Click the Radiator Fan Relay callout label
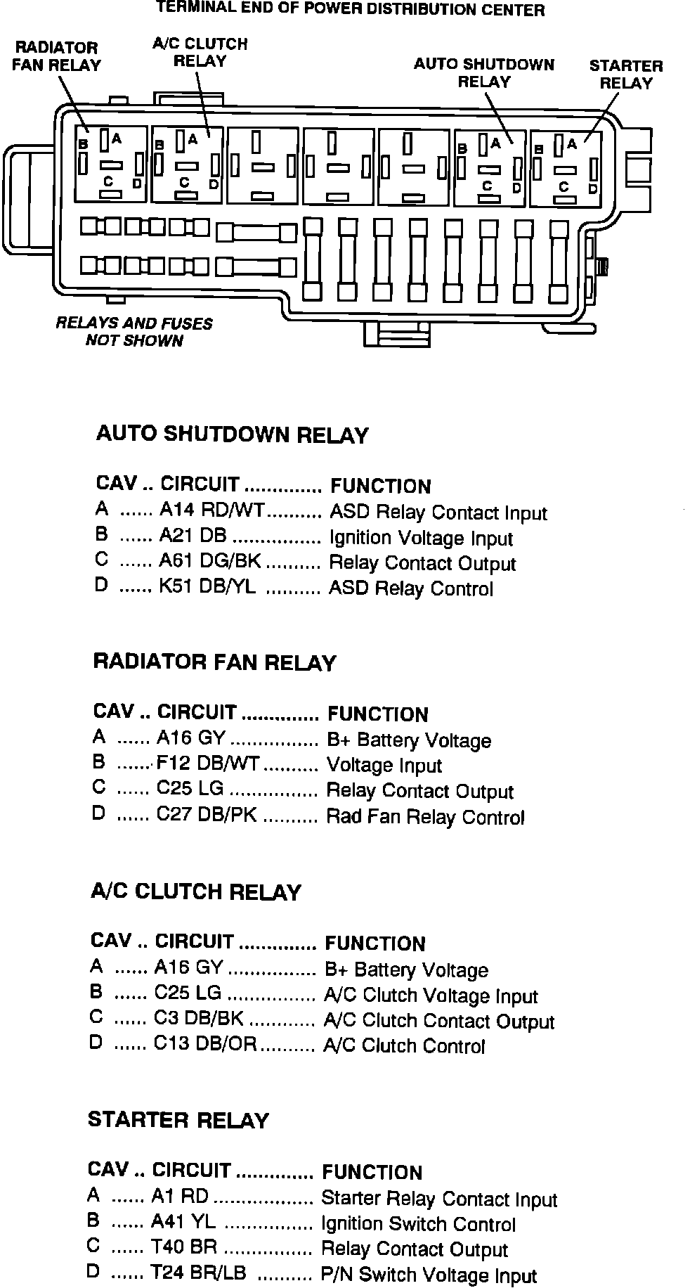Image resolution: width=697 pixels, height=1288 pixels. [x=58, y=56]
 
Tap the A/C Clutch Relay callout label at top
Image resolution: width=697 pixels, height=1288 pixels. [x=200, y=53]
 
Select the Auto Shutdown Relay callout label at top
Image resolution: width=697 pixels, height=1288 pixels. [x=484, y=73]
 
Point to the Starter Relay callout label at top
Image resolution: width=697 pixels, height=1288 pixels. [x=626, y=75]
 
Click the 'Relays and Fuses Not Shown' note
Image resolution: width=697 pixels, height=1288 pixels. [x=134, y=332]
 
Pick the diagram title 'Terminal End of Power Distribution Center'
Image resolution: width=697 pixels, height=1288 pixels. [x=350, y=10]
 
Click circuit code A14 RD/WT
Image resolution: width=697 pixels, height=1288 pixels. [x=211, y=510]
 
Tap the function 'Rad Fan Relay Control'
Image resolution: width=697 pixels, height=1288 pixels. [x=426, y=817]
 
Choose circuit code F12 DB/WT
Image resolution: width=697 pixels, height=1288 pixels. [x=208, y=764]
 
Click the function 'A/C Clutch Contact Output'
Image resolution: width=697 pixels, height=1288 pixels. [x=439, y=1021]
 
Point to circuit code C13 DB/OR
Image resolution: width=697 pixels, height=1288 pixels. [x=205, y=1045]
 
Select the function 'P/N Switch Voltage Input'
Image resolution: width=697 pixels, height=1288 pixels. [x=429, y=1275]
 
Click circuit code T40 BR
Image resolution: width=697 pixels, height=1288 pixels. [x=184, y=1247]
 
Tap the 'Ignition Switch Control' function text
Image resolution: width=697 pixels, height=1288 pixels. [x=418, y=1224]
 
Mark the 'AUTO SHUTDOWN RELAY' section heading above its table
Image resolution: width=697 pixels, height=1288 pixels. [x=232, y=434]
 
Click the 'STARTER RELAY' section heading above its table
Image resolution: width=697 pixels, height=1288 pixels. [x=178, y=1120]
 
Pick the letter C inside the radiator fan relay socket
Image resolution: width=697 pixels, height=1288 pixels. [x=108, y=181]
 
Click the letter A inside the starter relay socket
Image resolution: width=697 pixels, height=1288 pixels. [x=572, y=143]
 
